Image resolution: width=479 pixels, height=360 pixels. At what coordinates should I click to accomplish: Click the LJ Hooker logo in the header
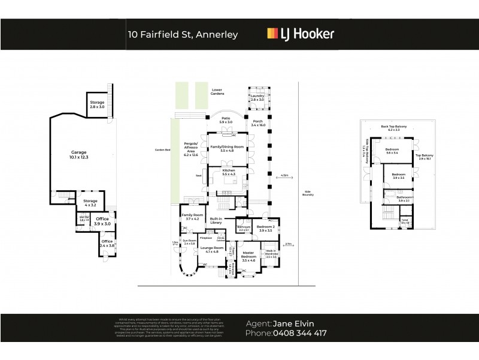tap(300, 34)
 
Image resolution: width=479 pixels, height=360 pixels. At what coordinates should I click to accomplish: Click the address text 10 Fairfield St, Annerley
tap(183, 34)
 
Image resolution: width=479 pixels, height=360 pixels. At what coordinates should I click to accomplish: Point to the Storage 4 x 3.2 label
tap(90, 203)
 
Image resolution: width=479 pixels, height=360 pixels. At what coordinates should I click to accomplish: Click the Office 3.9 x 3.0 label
tap(102, 221)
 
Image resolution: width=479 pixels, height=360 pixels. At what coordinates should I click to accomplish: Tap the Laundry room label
tap(257, 97)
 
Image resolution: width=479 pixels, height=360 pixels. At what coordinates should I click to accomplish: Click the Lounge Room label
tap(213, 249)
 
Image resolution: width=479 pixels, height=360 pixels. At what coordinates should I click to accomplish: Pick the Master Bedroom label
tap(248, 256)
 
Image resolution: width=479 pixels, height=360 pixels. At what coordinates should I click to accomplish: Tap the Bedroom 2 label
tap(266, 227)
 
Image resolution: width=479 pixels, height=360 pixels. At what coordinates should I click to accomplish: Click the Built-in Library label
tap(216, 220)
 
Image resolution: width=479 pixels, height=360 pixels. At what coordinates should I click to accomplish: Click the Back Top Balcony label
tap(393, 127)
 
